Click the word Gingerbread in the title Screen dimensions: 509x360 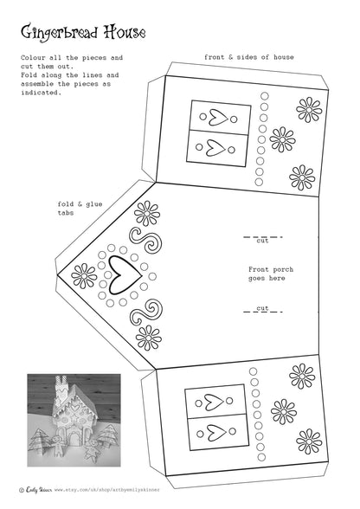click(59, 34)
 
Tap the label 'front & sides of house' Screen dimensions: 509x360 click(248, 57)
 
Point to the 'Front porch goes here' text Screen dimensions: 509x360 click(270, 274)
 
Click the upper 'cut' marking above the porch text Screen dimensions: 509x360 click(262, 236)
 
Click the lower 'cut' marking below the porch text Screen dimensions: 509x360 click(262, 308)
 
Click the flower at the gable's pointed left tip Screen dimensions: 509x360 click(84, 276)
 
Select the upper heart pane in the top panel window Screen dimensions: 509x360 click(220, 117)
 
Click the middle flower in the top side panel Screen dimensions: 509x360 click(282, 139)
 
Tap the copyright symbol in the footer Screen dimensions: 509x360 click(21, 489)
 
